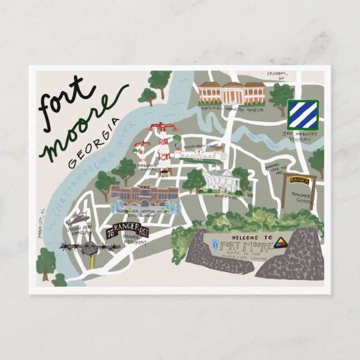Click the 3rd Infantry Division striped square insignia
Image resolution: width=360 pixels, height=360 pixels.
click(302, 115)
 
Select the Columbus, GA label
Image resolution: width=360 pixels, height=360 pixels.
click(280, 76)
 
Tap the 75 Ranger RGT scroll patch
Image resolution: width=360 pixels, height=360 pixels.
click(126, 230)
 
